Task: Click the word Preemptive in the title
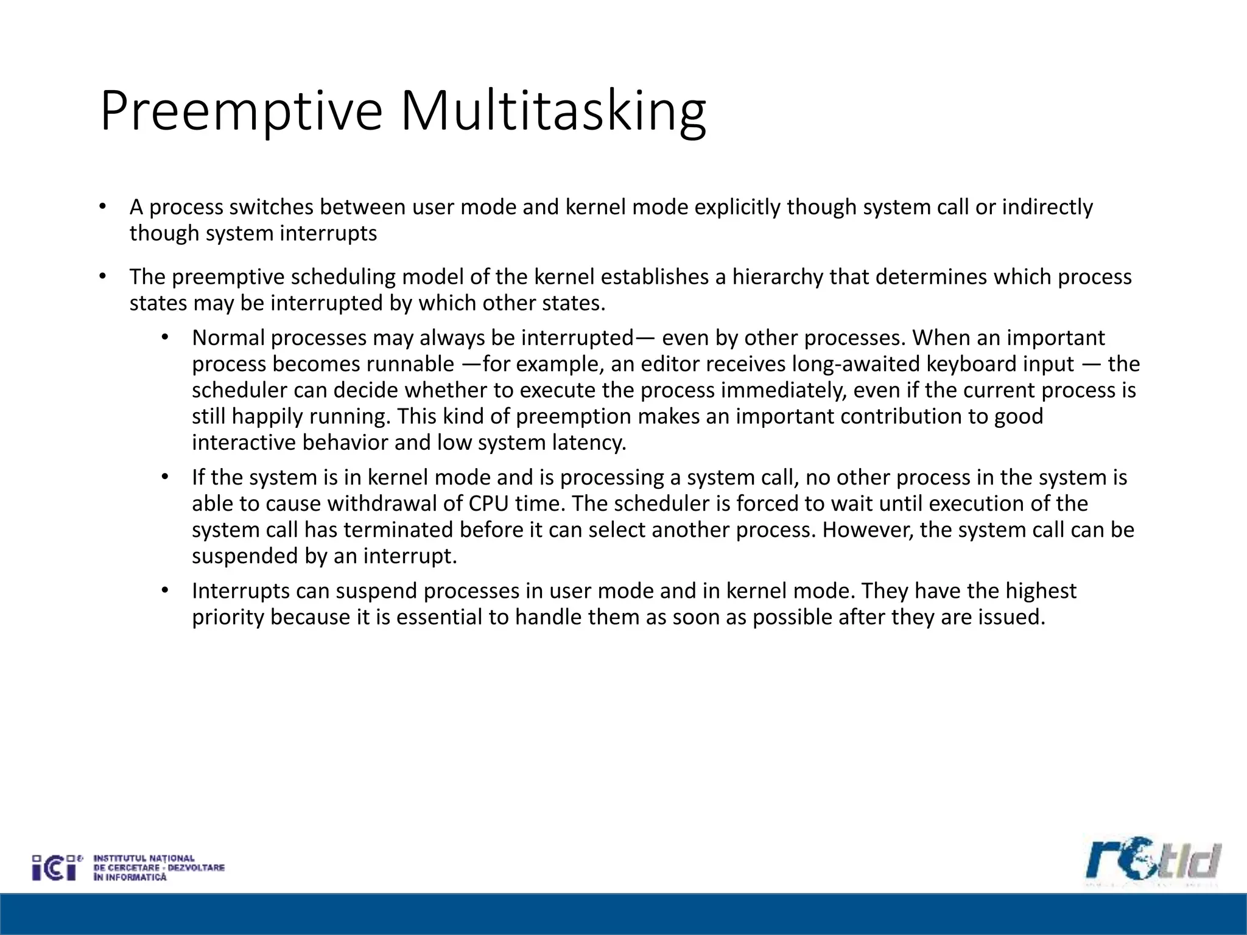tap(241, 111)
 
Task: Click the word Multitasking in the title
tap(553, 111)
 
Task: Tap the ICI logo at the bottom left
tap(57, 867)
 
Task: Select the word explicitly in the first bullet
tap(737, 208)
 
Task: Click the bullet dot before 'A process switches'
tap(102, 207)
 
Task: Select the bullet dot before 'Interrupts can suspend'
tap(164, 590)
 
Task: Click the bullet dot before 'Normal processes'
tap(164, 337)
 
